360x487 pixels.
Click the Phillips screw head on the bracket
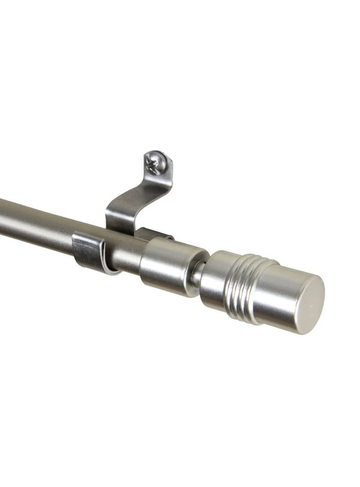[x=155, y=162]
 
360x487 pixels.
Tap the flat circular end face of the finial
[x=302, y=304]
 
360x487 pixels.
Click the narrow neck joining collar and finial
[x=197, y=274]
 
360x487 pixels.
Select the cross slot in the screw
[x=153, y=163]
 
